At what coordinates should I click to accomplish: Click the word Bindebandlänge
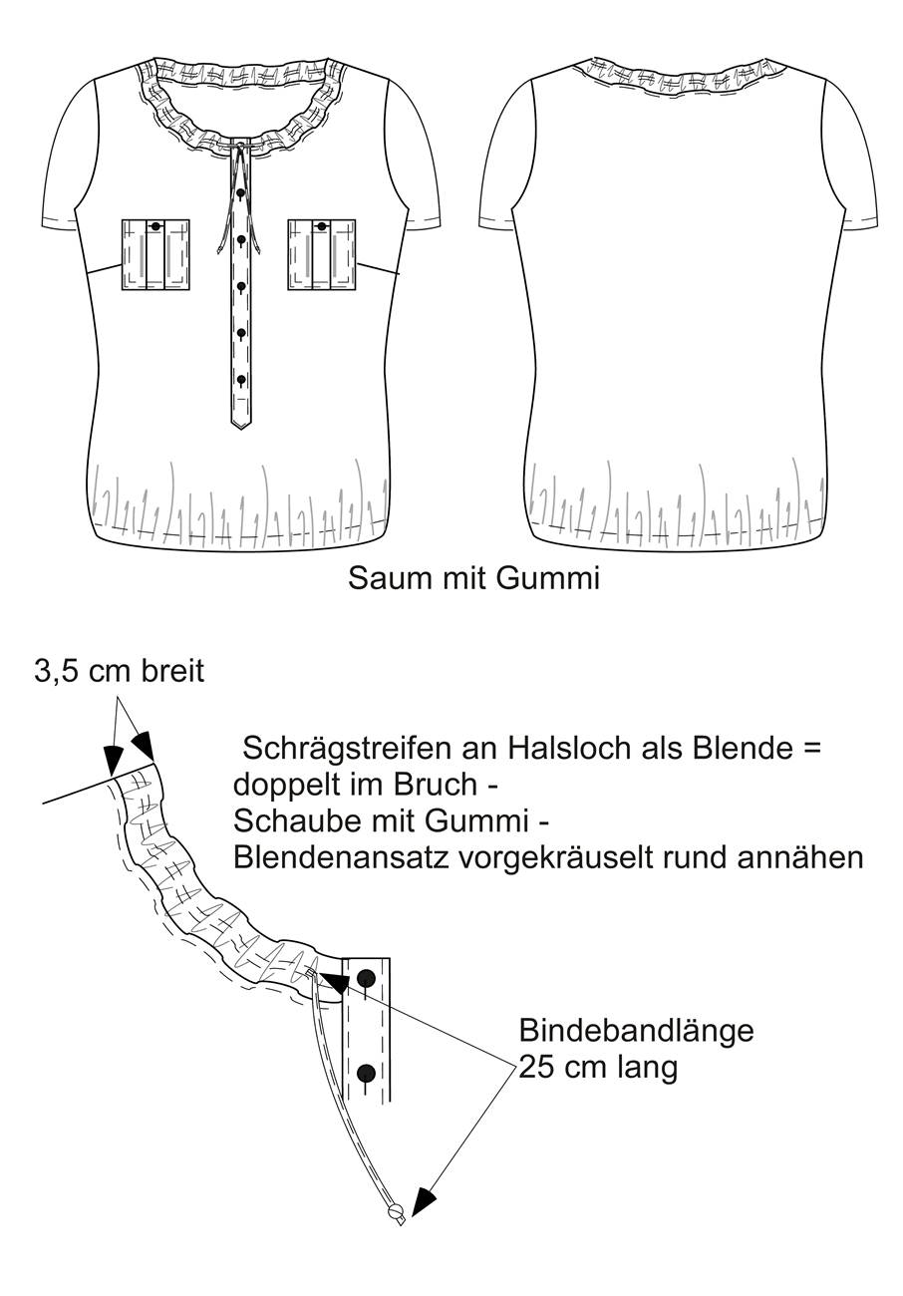click(x=636, y=1031)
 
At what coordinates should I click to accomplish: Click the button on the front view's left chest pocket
click(x=154, y=226)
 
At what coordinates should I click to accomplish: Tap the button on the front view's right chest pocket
click(x=321, y=226)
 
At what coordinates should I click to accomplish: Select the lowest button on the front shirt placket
click(x=241, y=380)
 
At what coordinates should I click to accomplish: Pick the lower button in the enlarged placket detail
click(x=366, y=1074)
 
